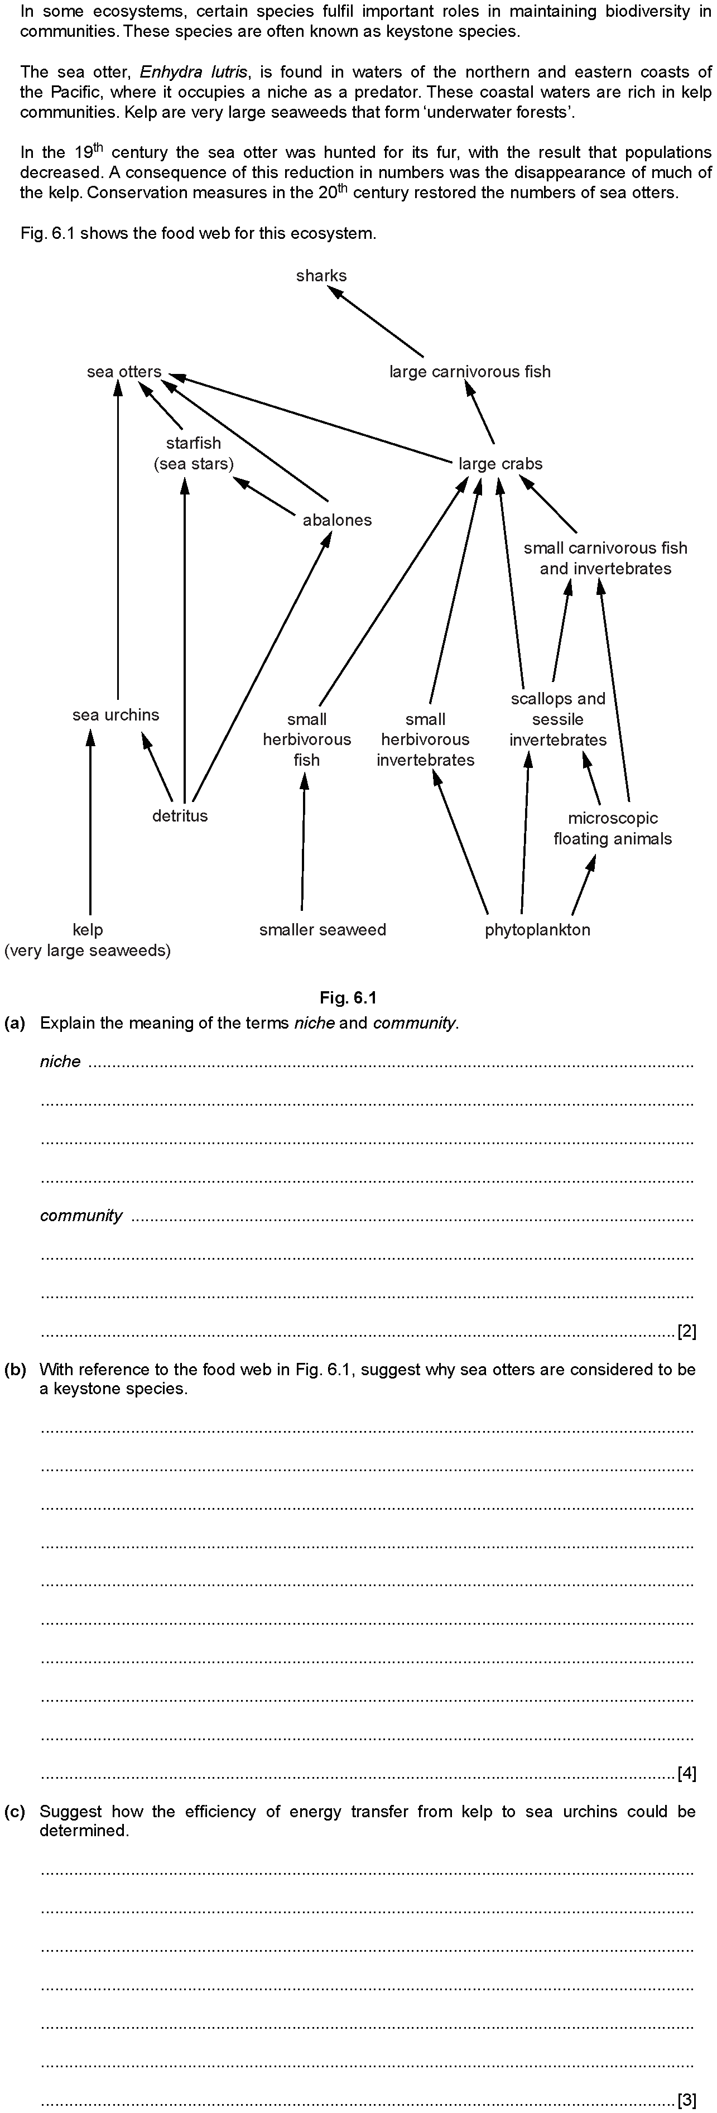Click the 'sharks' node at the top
321,276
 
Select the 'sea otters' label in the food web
124,372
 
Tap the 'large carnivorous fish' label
470,372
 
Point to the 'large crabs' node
501,463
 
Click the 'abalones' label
337,520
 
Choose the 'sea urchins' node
116,714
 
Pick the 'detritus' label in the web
180,815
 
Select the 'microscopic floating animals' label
613,828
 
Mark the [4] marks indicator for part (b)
687,1774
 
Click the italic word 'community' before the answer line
81,1216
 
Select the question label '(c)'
15,1811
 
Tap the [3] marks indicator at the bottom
687,2101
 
